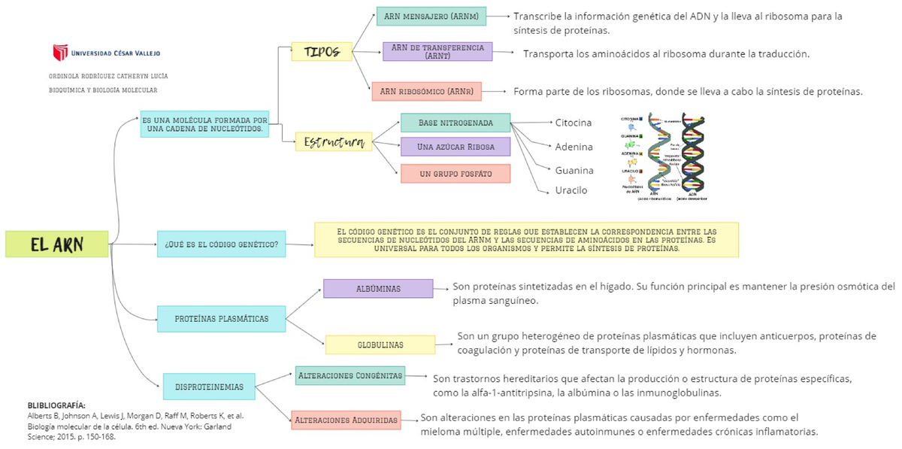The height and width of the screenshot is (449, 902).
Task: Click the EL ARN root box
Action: tap(56, 244)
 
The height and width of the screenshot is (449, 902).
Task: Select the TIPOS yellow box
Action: tap(322, 52)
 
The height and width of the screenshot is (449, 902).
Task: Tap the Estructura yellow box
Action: tap(334, 141)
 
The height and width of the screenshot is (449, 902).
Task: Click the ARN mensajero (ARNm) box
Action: tap(431, 16)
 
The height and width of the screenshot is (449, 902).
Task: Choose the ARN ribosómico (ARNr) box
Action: tap(427, 92)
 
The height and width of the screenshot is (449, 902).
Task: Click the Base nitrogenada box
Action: tap(456, 123)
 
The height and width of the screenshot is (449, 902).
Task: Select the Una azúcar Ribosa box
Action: tap(456, 147)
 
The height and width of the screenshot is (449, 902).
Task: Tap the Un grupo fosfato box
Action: tap(456, 174)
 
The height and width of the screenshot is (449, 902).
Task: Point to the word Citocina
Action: tap(573, 123)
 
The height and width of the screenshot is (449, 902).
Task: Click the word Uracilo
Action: tap(571, 190)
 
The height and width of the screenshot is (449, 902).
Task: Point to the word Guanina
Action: tap(574, 170)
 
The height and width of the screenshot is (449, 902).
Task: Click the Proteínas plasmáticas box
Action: tap(221, 319)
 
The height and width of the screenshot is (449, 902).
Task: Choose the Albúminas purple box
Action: tap(378, 289)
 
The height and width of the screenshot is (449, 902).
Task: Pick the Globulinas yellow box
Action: tap(380, 344)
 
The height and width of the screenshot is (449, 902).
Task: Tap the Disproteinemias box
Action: tap(209, 387)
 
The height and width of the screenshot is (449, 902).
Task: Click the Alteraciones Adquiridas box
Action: tap(346, 420)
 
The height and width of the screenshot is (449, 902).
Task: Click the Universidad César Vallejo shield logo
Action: tap(59, 53)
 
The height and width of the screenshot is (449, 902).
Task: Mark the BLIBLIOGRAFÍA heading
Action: tap(56, 405)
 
